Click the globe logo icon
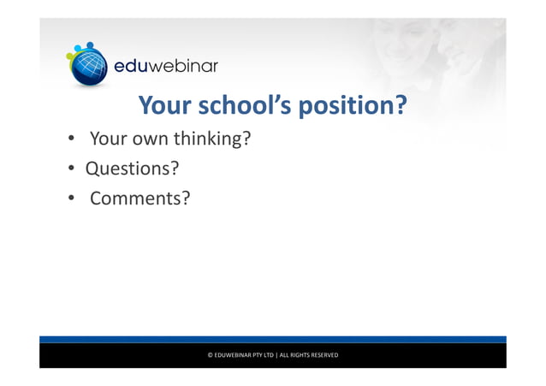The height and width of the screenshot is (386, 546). click(x=87, y=63)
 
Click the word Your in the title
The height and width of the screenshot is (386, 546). click(x=165, y=105)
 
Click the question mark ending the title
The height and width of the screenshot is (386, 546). click(x=397, y=105)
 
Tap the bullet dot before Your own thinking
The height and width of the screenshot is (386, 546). click(x=74, y=138)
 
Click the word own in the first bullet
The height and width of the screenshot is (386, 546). click(x=149, y=137)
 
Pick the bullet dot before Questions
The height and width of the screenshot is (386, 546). click(x=74, y=169)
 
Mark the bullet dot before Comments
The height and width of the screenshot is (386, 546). click(x=74, y=199)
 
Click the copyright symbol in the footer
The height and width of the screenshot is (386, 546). click(x=211, y=355)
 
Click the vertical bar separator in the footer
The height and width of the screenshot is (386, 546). click(x=277, y=355)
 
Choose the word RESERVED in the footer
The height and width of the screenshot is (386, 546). click(x=323, y=355)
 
